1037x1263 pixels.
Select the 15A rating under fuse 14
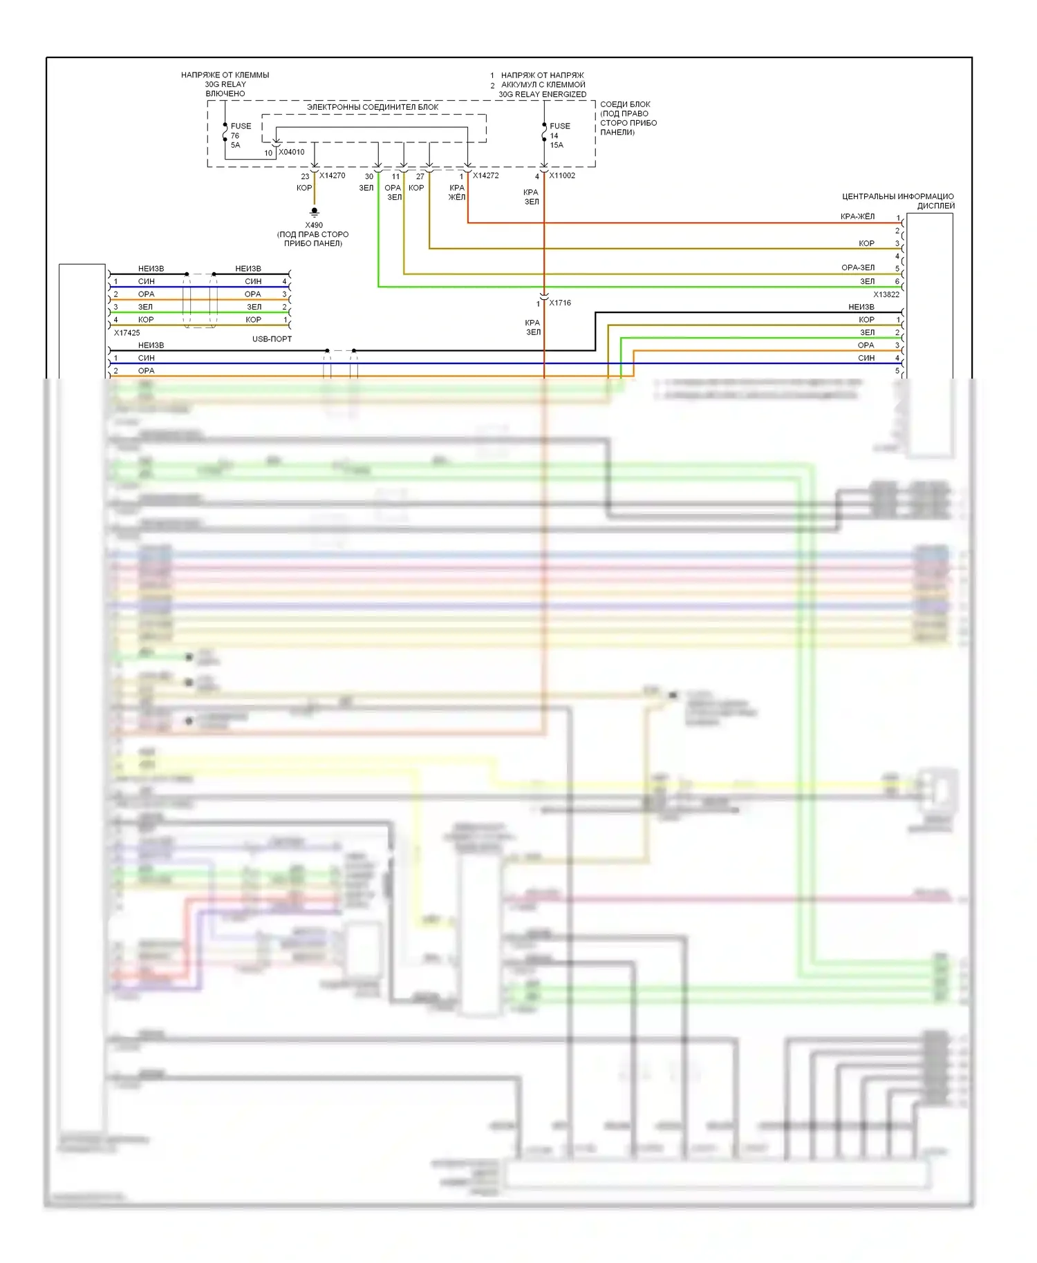pyautogui.click(x=557, y=145)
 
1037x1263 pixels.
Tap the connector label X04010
pyautogui.click(x=291, y=152)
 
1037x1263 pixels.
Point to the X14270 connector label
pyautogui.click(x=332, y=175)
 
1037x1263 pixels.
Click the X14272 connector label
pyautogui.click(x=485, y=175)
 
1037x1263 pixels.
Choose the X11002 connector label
pyautogui.click(x=562, y=175)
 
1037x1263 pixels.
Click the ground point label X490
pyautogui.click(x=314, y=225)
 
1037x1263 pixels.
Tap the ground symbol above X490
pyautogui.click(x=315, y=211)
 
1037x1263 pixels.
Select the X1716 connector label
pyautogui.click(x=560, y=303)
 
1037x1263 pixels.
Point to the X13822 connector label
pyautogui.click(x=886, y=294)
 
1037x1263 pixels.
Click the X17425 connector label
pyautogui.click(x=127, y=332)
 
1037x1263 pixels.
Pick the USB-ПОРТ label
pyautogui.click(x=272, y=339)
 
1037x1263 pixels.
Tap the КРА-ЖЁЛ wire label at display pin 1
pyautogui.click(x=857, y=216)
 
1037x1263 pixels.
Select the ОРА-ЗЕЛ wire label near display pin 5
pyautogui.click(x=858, y=267)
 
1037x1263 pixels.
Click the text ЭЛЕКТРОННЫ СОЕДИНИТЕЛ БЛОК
pyautogui.click(x=373, y=107)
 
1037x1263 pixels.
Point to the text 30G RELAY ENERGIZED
pyautogui.click(x=542, y=94)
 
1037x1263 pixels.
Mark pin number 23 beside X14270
pyautogui.click(x=305, y=177)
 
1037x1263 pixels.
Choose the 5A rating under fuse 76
pyautogui.click(x=236, y=145)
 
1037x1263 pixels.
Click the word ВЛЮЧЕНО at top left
pyautogui.click(x=225, y=93)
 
